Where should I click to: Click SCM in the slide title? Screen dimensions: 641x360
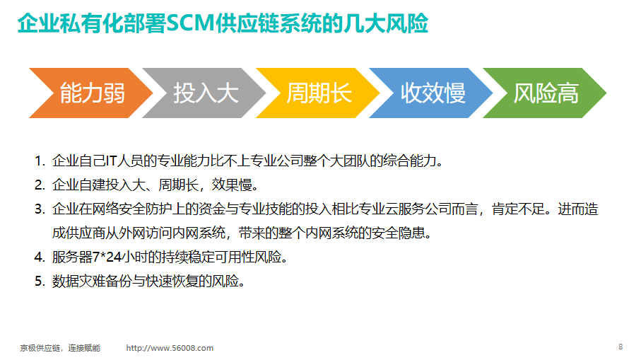point(190,23)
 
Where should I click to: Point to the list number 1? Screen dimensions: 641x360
point(40,161)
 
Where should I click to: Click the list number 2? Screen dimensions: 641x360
point(40,185)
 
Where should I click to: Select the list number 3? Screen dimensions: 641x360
point(40,209)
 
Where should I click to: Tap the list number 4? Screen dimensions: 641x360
point(40,257)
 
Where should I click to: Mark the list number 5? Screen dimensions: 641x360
point(40,281)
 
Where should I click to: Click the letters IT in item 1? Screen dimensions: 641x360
point(111,161)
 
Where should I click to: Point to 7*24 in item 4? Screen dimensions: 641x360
point(107,257)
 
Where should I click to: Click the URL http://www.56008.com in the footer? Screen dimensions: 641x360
point(170,348)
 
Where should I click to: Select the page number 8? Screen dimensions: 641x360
point(621,347)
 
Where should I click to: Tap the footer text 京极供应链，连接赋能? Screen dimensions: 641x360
point(60,348)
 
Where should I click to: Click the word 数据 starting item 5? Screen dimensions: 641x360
point(65,281)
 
